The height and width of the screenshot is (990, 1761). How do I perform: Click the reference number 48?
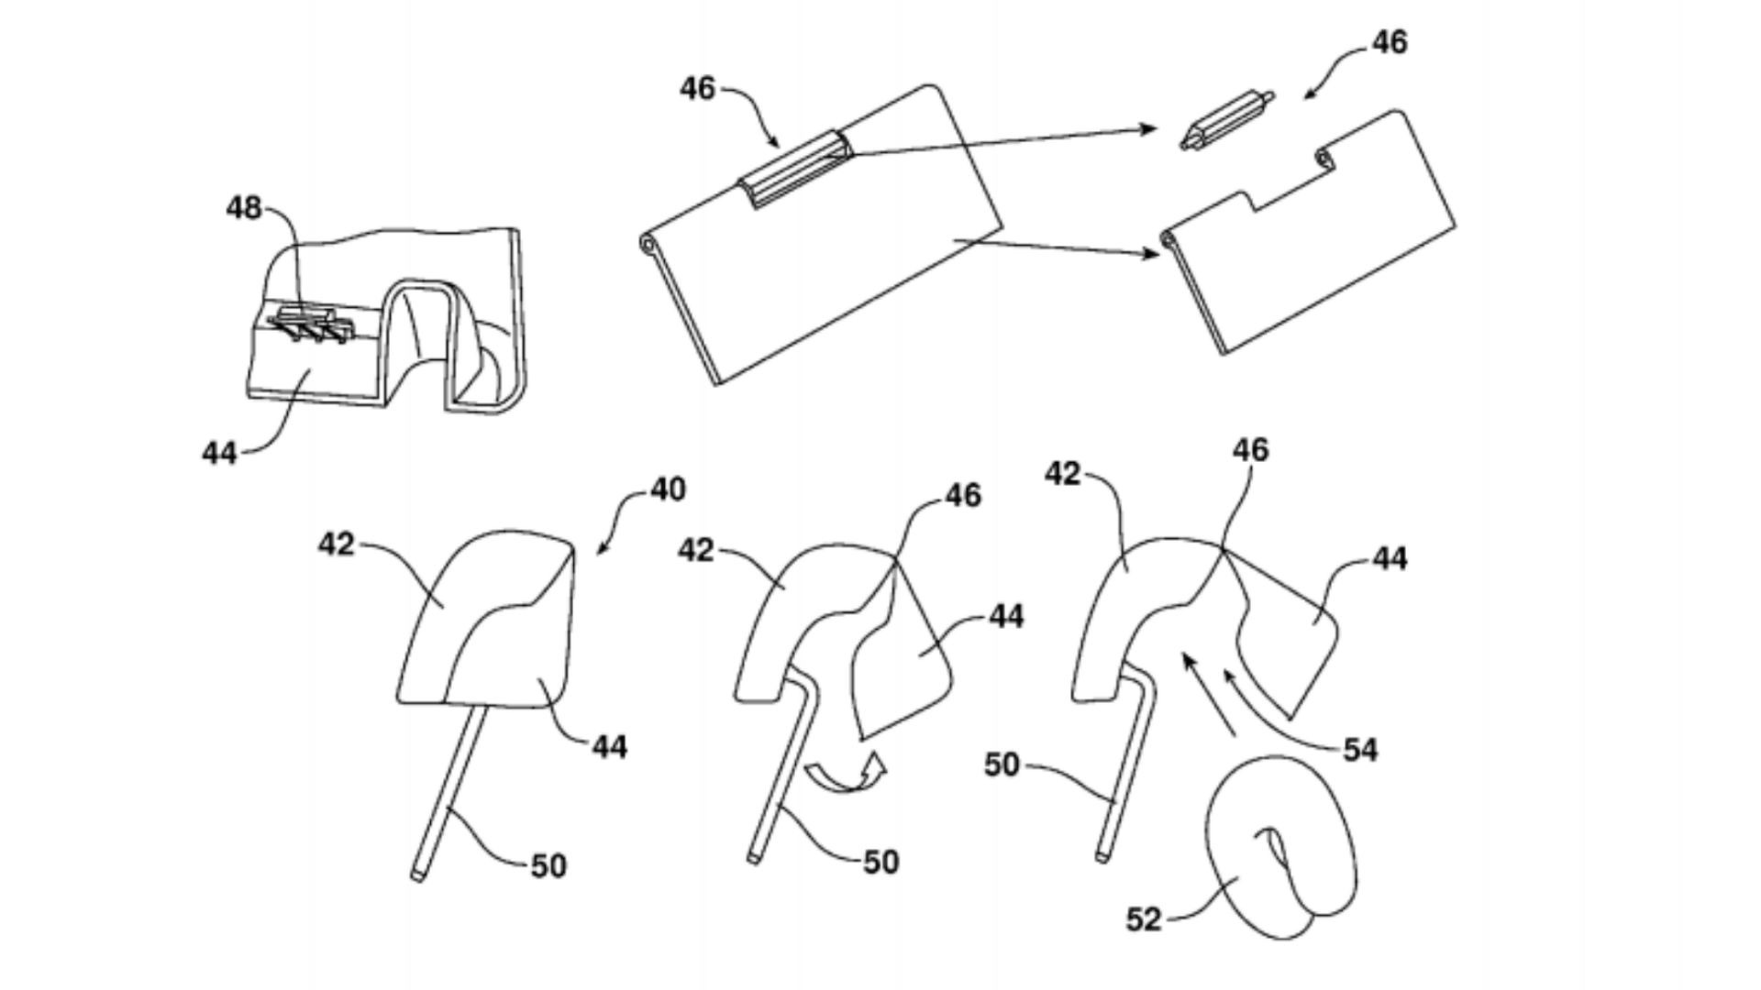point(244,209)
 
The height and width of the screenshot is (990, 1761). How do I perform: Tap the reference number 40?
point(668,489)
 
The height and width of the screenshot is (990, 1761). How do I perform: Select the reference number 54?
point(1360,750)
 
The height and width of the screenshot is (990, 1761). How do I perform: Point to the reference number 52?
point(1144,918)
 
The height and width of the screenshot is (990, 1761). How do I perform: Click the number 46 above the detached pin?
point(1390,42)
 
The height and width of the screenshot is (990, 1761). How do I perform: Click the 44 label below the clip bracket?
point(219,452)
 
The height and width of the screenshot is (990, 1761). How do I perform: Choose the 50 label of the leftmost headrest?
point(548,865)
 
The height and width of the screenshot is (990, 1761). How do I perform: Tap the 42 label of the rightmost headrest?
point(1063,475)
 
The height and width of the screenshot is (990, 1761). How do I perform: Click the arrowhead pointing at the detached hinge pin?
point(1148,129)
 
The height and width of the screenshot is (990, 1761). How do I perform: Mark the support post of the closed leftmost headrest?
point(449,794)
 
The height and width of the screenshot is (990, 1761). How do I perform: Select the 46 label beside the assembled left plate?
point(698,89)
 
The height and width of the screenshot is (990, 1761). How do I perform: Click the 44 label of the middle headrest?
point(1006,616)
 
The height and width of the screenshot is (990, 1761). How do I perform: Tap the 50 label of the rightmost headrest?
point(1002,764)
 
